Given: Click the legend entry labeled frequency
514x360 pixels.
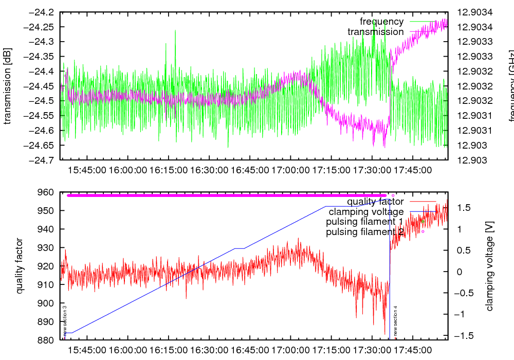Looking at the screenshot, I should [381, 22].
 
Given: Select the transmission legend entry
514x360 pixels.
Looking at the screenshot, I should [375, 32].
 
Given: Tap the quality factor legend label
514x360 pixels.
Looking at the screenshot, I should [375, 202].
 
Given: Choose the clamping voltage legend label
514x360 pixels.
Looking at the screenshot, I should [366, 212].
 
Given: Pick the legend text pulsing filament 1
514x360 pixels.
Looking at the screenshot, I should [364, 222].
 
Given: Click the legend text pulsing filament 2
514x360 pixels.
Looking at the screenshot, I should [364, 232].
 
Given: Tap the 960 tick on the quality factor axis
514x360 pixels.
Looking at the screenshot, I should [47, 192].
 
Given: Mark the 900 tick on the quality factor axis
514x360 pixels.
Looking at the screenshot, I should [47, 303].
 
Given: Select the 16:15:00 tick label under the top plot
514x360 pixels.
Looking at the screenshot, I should [169, 169].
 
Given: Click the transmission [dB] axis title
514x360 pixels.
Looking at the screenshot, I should [8, 86].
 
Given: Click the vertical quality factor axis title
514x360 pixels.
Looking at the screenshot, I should [20, 266].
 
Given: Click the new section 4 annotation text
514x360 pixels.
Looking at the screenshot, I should [395, 321].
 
